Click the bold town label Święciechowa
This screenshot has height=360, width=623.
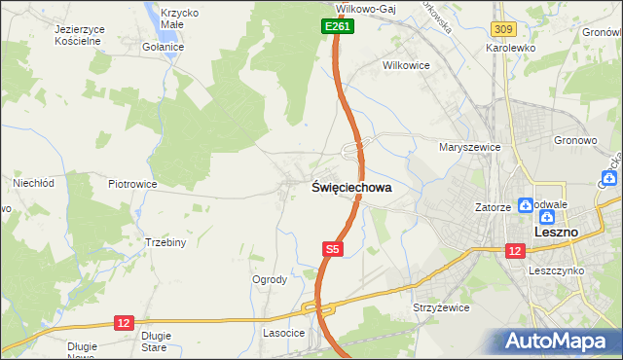point(351,188)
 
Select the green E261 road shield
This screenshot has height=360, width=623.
point(337,27)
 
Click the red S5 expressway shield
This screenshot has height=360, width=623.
point(333,250)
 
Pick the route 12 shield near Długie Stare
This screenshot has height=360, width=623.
point(123,321)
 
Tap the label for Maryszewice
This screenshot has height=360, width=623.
point(469,147)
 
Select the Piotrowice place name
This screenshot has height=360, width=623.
point(132,183)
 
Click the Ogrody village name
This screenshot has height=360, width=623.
point(270,279)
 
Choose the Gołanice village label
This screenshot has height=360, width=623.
point(163,47)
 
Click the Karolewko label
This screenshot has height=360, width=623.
point(513,47)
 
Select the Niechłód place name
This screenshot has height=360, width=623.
point(32,182)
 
